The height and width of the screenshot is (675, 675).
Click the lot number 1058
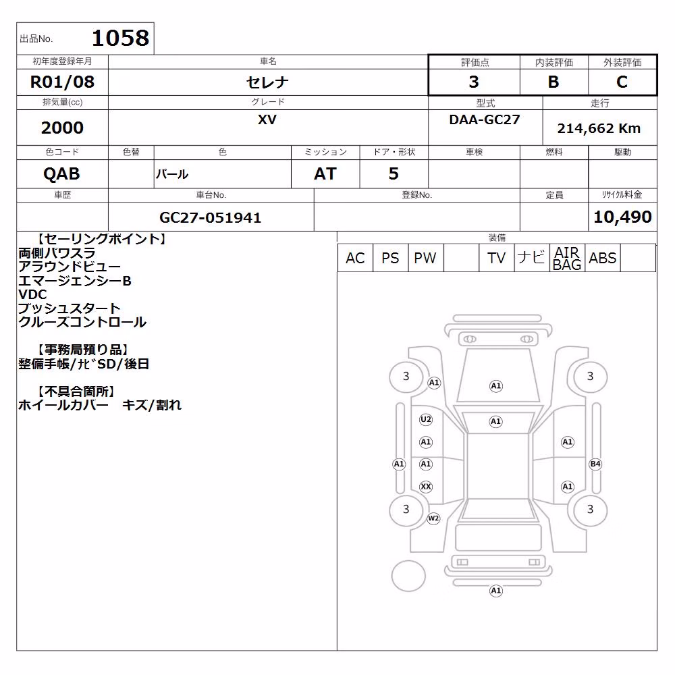(x=121, y=38)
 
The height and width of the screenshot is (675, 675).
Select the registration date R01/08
(x=62, y=82)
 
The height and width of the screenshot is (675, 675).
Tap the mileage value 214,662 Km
(x=599, y=128)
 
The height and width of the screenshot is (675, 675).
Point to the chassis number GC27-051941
(x=211, y=217)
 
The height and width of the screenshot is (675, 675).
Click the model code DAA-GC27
(x=484, y=119)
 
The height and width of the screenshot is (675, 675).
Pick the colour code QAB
(x=61, y=174)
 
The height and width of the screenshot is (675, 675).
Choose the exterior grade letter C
(x=622, y=82)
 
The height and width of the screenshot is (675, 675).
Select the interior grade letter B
(x=553, y=82)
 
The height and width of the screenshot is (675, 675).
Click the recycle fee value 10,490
(x=622, y=217)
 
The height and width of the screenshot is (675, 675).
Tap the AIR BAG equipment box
(x=567, y=258)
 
